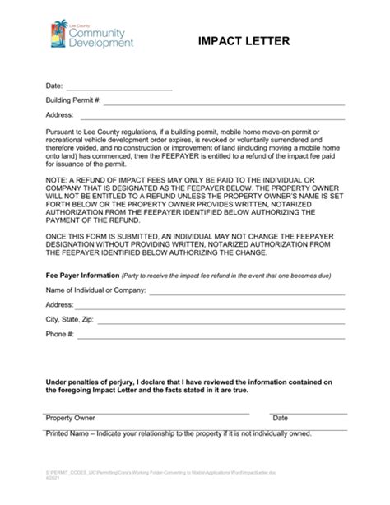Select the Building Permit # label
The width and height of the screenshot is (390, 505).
73,100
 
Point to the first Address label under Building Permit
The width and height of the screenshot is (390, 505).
60,114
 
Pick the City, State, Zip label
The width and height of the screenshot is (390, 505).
70,319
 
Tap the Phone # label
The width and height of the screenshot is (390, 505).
60,334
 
